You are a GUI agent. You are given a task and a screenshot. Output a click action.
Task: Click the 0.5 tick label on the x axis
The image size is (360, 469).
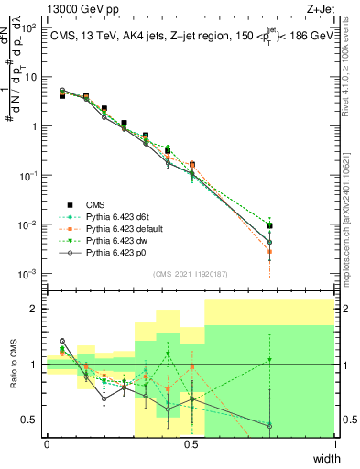tap(191, 444)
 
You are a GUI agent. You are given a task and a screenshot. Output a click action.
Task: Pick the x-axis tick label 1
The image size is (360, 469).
tap(334, 444)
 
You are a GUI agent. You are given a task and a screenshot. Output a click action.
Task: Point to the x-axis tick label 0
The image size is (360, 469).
tap(47, 444)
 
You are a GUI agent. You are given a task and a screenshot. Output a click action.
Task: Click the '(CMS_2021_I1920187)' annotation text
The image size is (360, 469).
tap(191, 273)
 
